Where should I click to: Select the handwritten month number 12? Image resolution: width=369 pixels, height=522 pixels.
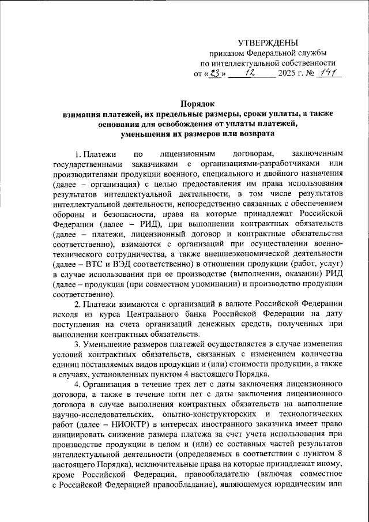coord(251,73)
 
